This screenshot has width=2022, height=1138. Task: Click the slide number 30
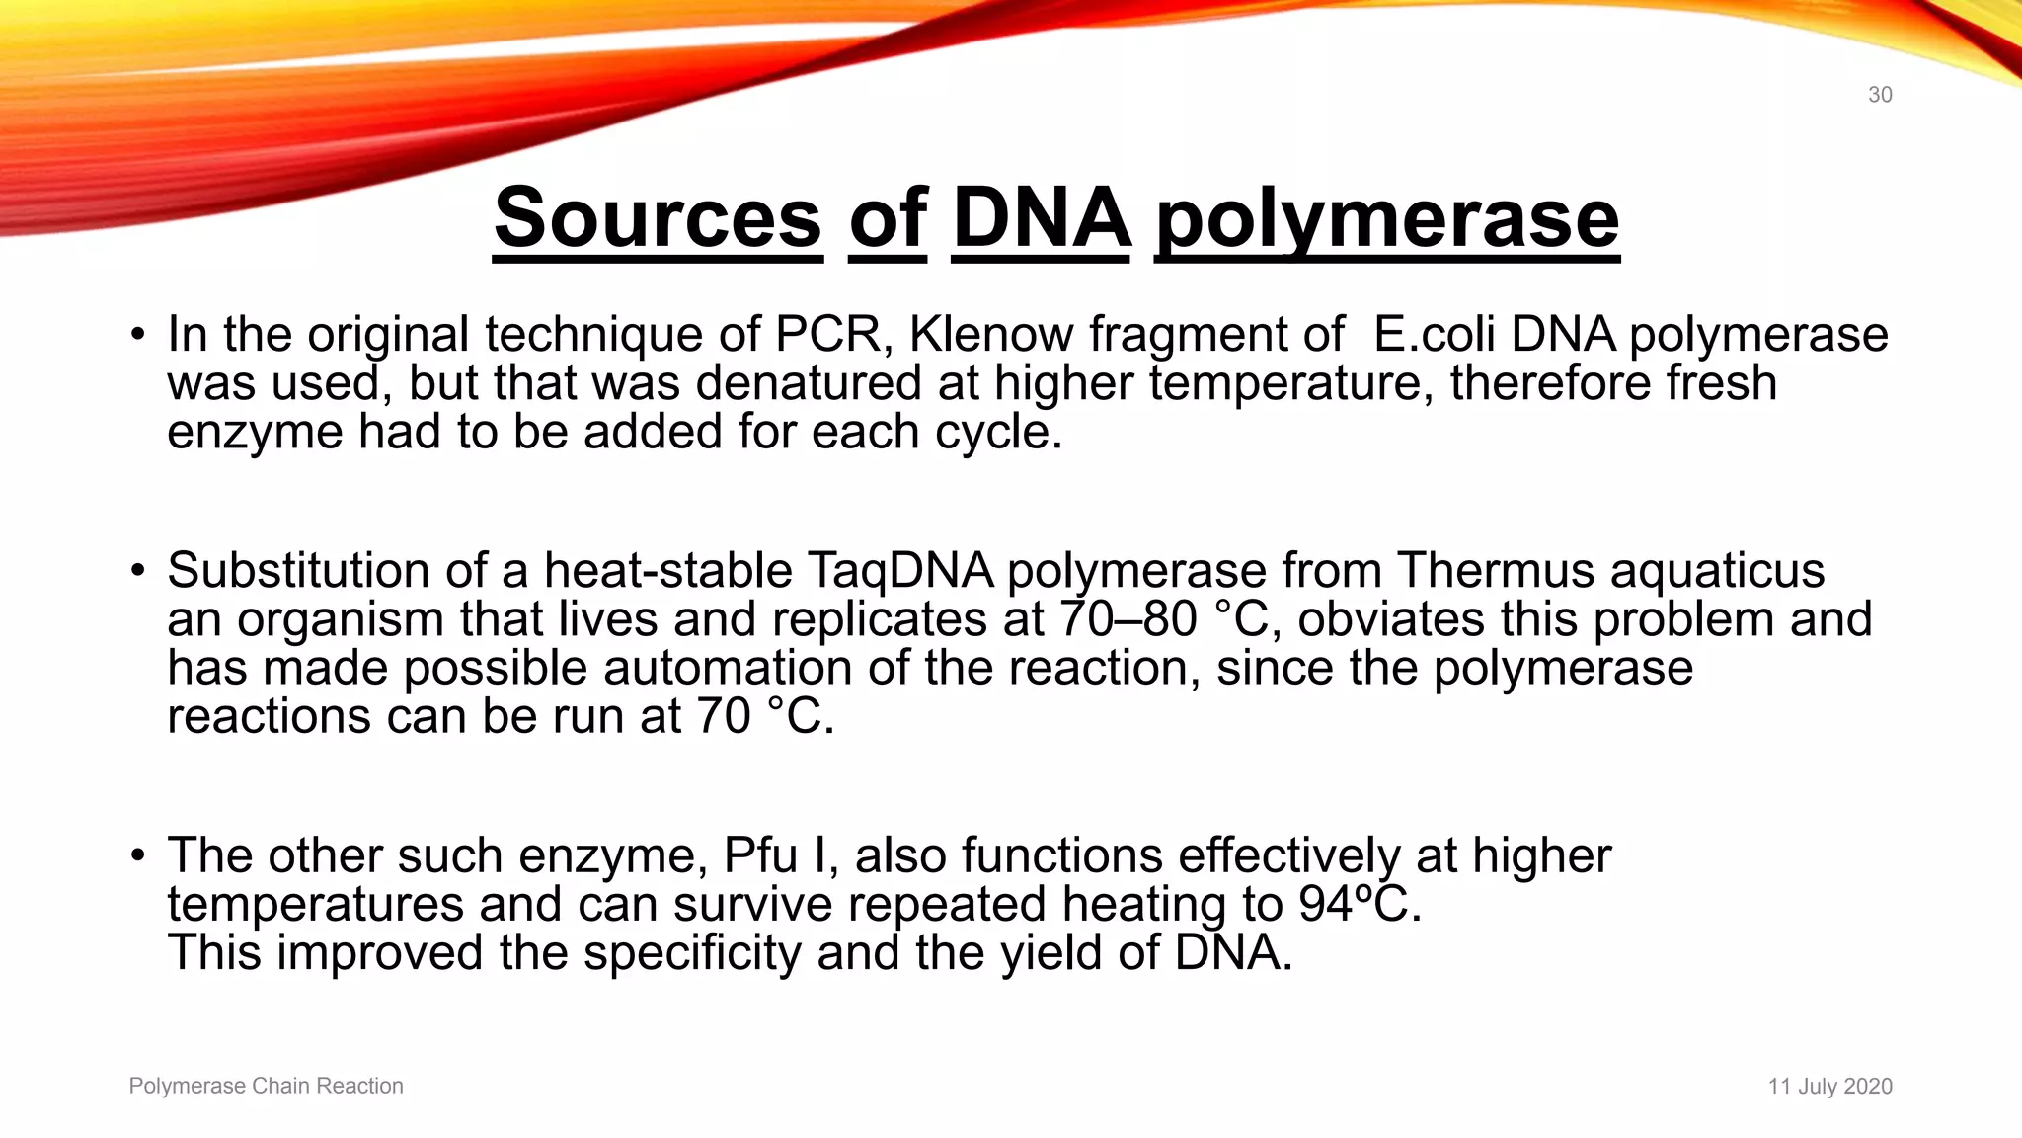coord(1879,95)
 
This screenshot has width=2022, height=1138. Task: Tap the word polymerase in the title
coord(1387,219)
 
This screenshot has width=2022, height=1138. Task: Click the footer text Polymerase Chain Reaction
coord(266,1086)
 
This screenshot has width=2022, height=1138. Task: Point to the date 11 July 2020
coord(1829,1087)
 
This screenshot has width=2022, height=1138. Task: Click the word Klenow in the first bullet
coord(990,334)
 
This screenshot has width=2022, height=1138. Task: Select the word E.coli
coord(1433,334)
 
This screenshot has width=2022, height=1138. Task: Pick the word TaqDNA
coord(899,570)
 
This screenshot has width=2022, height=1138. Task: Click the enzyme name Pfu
coord(759,855)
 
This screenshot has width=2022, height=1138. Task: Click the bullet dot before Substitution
coord(138,572)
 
